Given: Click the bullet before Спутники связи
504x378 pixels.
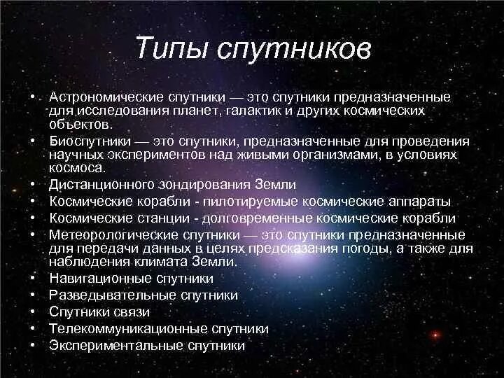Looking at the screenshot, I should click(x=33, y=312).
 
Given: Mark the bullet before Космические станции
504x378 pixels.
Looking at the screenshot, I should click(x=33, y=218).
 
